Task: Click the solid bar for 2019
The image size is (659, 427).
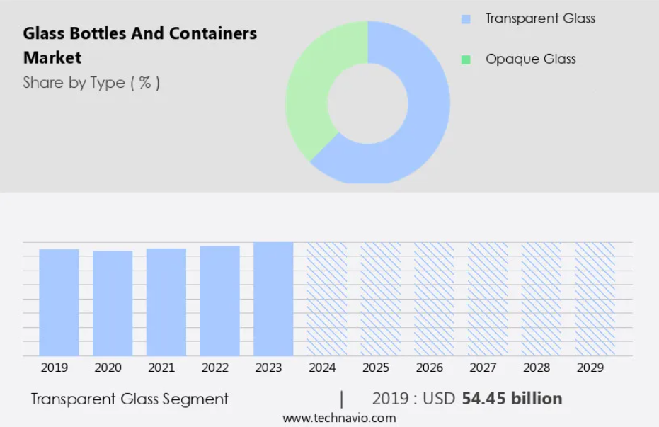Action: coord(59,302)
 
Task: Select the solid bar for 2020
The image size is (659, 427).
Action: coord(113,303)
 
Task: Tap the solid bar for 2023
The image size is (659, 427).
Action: coord(273,299)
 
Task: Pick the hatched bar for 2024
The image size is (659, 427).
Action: coord(327,299)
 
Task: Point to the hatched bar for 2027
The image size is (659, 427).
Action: coord(488,299)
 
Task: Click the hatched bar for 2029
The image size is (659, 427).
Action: coord(595,299)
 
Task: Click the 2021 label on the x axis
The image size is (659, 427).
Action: coord(161,368)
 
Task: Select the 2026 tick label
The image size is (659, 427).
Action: coord(429,368)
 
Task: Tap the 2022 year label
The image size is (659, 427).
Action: coord(215,368)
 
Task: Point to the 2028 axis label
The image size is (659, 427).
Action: coord(536,368)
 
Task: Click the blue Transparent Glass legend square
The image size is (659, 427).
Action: coord(465,19)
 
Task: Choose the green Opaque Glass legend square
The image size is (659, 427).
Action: coord(465,59)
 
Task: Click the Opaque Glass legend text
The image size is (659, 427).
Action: coord(530,59)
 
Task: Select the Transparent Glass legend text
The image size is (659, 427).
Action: coord(540,18)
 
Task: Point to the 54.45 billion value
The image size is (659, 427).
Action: coord(512,399)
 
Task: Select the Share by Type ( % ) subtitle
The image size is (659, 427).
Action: coord(91,83)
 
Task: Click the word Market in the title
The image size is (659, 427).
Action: coord(52,57)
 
